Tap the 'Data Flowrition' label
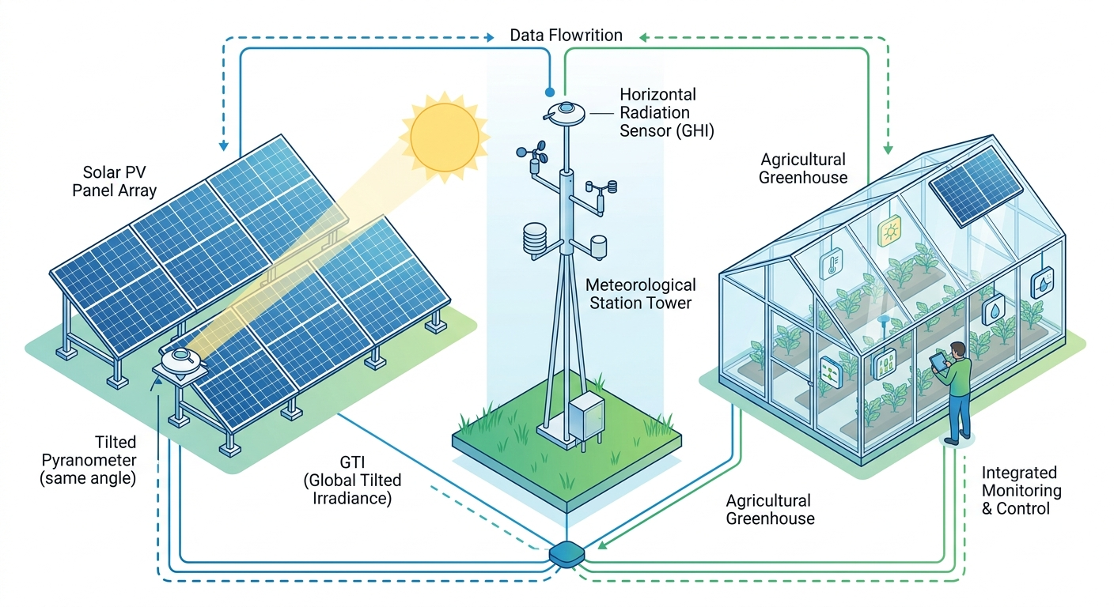click(566, 36)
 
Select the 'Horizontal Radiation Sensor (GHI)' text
click(666, 113)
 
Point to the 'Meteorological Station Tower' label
click(641, 293)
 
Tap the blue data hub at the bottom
click(567, 554)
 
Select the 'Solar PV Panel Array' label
click(115, 181)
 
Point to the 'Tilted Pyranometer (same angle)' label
click(89, 461)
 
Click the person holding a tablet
click(956, 391)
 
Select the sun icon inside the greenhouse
click(890, 232)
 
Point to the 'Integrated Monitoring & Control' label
click(1021, 490)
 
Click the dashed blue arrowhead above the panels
click(224, 145)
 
